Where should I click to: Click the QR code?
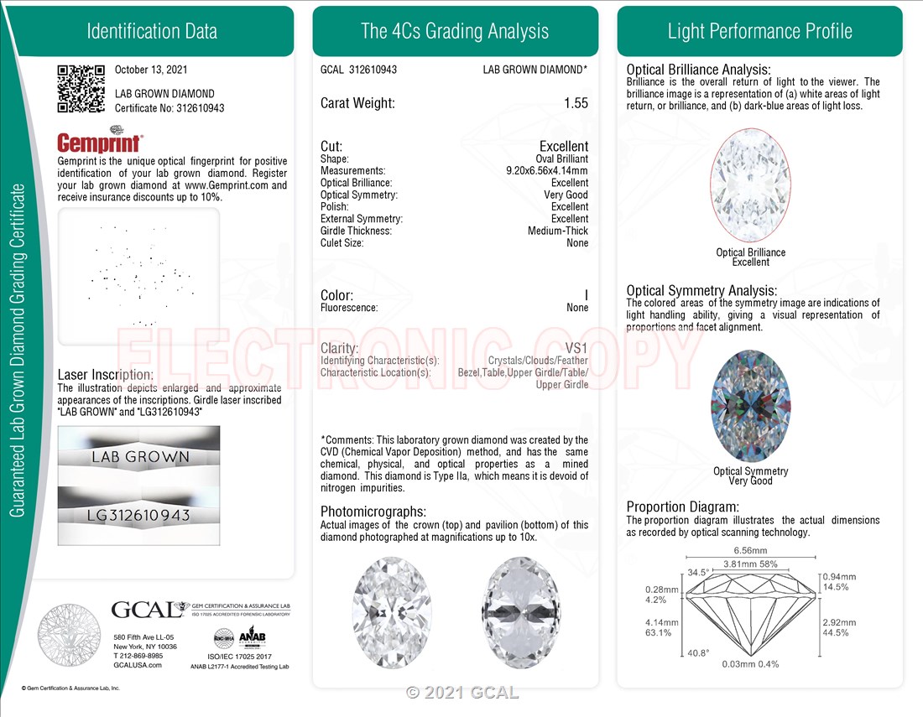[x=81, y=89]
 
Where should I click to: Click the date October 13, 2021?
[x=151, y=70]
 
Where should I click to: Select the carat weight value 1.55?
[x=576, y=103]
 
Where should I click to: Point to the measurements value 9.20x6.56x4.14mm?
[x=547, y=170]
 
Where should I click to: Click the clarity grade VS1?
[x=576, y=348]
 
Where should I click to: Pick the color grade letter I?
[x=586, y=294]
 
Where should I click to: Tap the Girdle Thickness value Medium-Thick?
[x=557, y=231]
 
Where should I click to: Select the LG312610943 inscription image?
[x=139, y=515]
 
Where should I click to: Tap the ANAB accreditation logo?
[x=252, y=637]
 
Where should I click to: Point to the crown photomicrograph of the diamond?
[x=392, y=612]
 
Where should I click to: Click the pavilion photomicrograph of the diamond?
[x=520, y=612]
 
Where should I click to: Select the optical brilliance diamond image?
[x=750, y=184]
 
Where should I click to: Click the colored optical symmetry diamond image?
[x=750, y=406]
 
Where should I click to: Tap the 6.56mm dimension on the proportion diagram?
[x=750, y=551]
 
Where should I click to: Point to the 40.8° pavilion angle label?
[x=698, y=653]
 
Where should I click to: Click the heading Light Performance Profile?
[x=759, y=31]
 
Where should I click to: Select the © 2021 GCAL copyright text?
[x=462, y=693]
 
